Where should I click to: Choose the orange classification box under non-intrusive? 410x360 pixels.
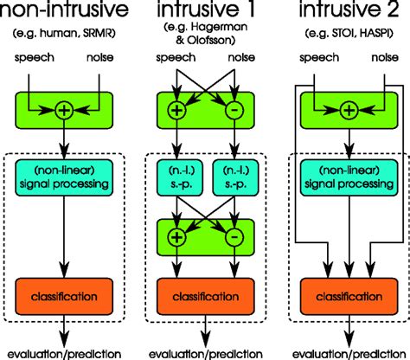64,297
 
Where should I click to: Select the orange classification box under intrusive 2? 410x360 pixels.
348,297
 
